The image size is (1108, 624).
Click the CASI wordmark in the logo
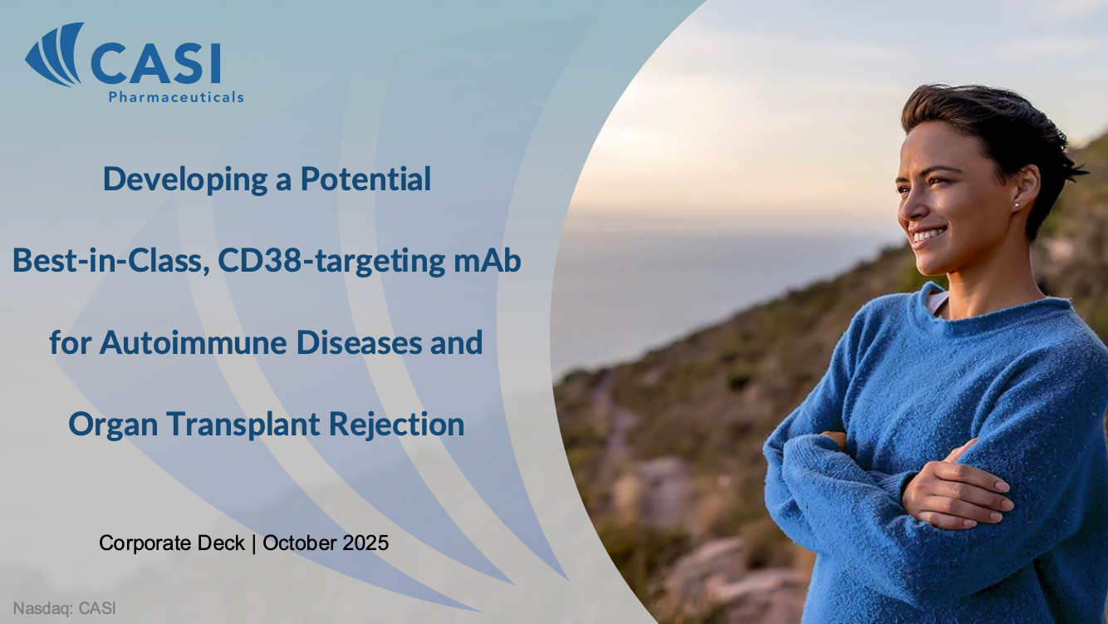coord(156,63)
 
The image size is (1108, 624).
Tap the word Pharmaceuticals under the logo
coord(176,97)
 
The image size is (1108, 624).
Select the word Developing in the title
coord(185,179)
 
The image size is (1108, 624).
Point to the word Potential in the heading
coord(365,179)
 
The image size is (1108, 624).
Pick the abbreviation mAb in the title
coord(488,260)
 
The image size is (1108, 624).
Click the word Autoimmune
coord(194,342)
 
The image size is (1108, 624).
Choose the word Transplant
coord(243,425)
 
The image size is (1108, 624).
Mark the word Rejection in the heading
coord(396,425)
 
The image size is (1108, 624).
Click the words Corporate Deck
coord(172,543)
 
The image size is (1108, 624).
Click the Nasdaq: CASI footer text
coord(64,608)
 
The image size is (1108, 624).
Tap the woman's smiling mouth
coord(929,235)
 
